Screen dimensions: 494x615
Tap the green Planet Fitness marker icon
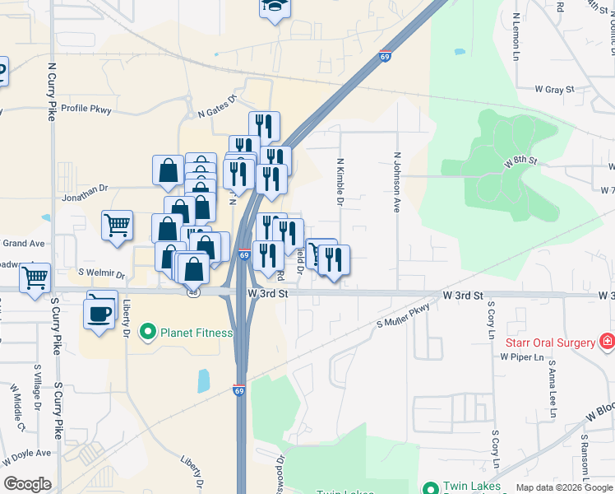point(148,333)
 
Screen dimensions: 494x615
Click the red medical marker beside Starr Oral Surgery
point(607,341)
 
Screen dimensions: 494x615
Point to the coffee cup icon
point(101,313)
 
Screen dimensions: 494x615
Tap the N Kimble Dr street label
point(340,183)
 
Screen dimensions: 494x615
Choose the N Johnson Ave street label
point(397,182)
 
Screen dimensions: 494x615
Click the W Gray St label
point(553,88)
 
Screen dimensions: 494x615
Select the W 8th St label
point(520,161)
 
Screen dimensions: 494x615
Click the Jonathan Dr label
point(85,189)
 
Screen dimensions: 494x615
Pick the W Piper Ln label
point(522,357)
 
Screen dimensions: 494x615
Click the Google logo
point(27,484)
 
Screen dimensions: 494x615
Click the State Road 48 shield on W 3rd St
point(192,291)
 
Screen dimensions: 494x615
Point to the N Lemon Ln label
point(516,36)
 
